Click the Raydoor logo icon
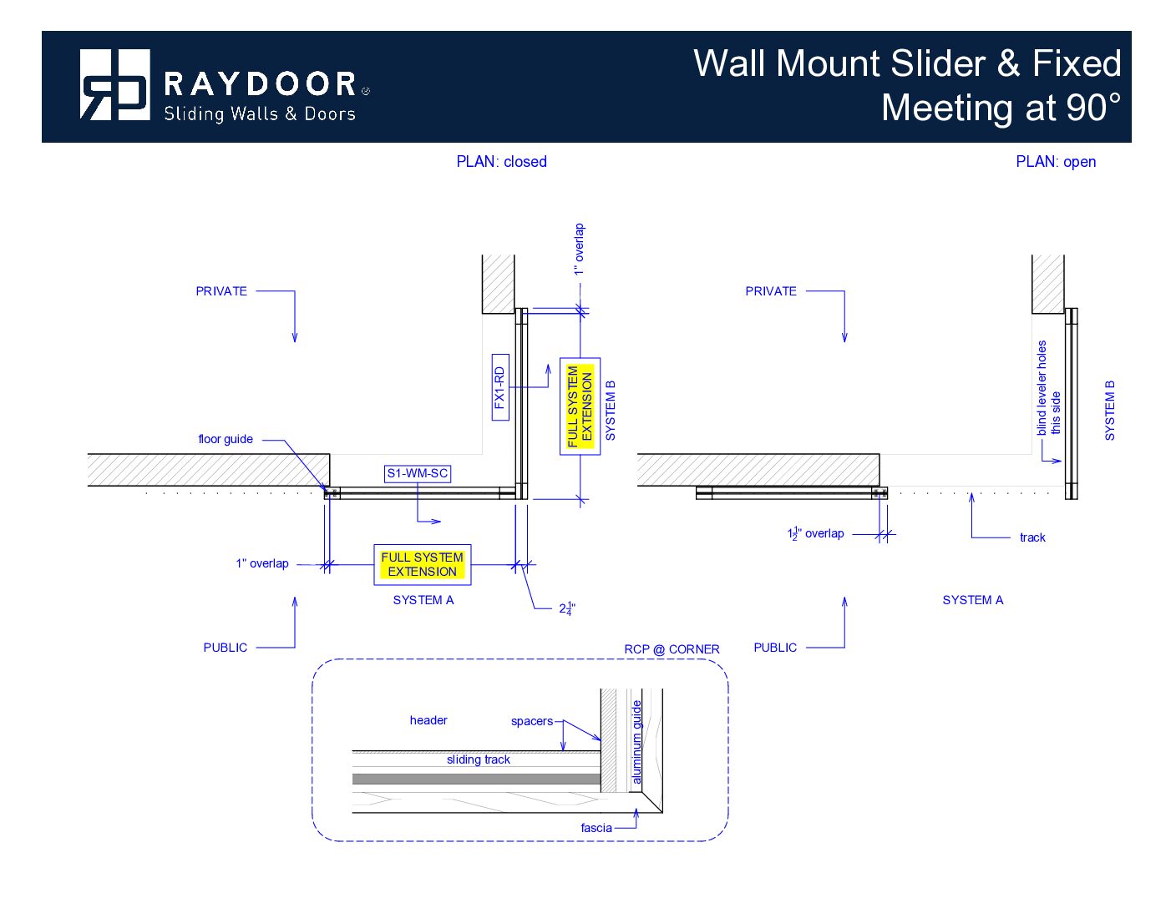coord(114,84)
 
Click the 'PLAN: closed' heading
coord(501,162)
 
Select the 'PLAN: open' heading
coord(1056,162)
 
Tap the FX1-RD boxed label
coord(500,387)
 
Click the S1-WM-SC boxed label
coord(418,473)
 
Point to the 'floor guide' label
coord(226,439)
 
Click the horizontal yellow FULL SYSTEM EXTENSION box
coord(423,564)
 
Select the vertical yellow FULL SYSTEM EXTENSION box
coord(580,406)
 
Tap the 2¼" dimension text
coord(567,608)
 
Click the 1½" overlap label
coord(816,533)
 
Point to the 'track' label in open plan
coord(1032,537)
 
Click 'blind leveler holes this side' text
coord(1048,388)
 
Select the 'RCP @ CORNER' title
coord(672,649)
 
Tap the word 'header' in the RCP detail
coord(428,720)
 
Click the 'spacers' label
coord(532,721)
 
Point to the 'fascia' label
coord(596,828)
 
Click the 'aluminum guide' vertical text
coord(636,742)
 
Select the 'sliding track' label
coord(478,759)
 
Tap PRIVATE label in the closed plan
coord(221,291)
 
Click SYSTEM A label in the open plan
coord(972,600)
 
